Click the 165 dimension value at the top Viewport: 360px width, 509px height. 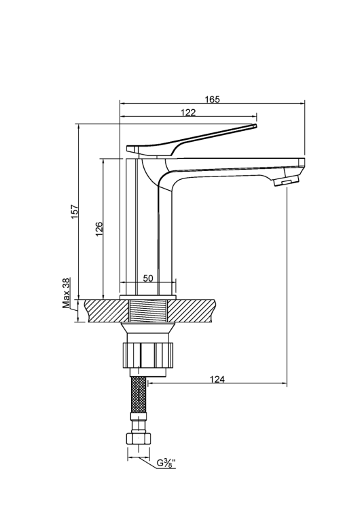click(x=212, y=99)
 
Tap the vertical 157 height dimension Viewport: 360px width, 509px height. click(x=75, y=211)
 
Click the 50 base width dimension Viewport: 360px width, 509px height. click(x=148, y=279)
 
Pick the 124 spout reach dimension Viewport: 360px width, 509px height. click(x=217, y=379)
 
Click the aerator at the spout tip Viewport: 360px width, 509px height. click(x=285, y=181)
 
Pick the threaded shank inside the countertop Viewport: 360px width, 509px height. click(x=148, y=312)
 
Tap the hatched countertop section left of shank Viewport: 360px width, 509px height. click(x=105, y=311)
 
